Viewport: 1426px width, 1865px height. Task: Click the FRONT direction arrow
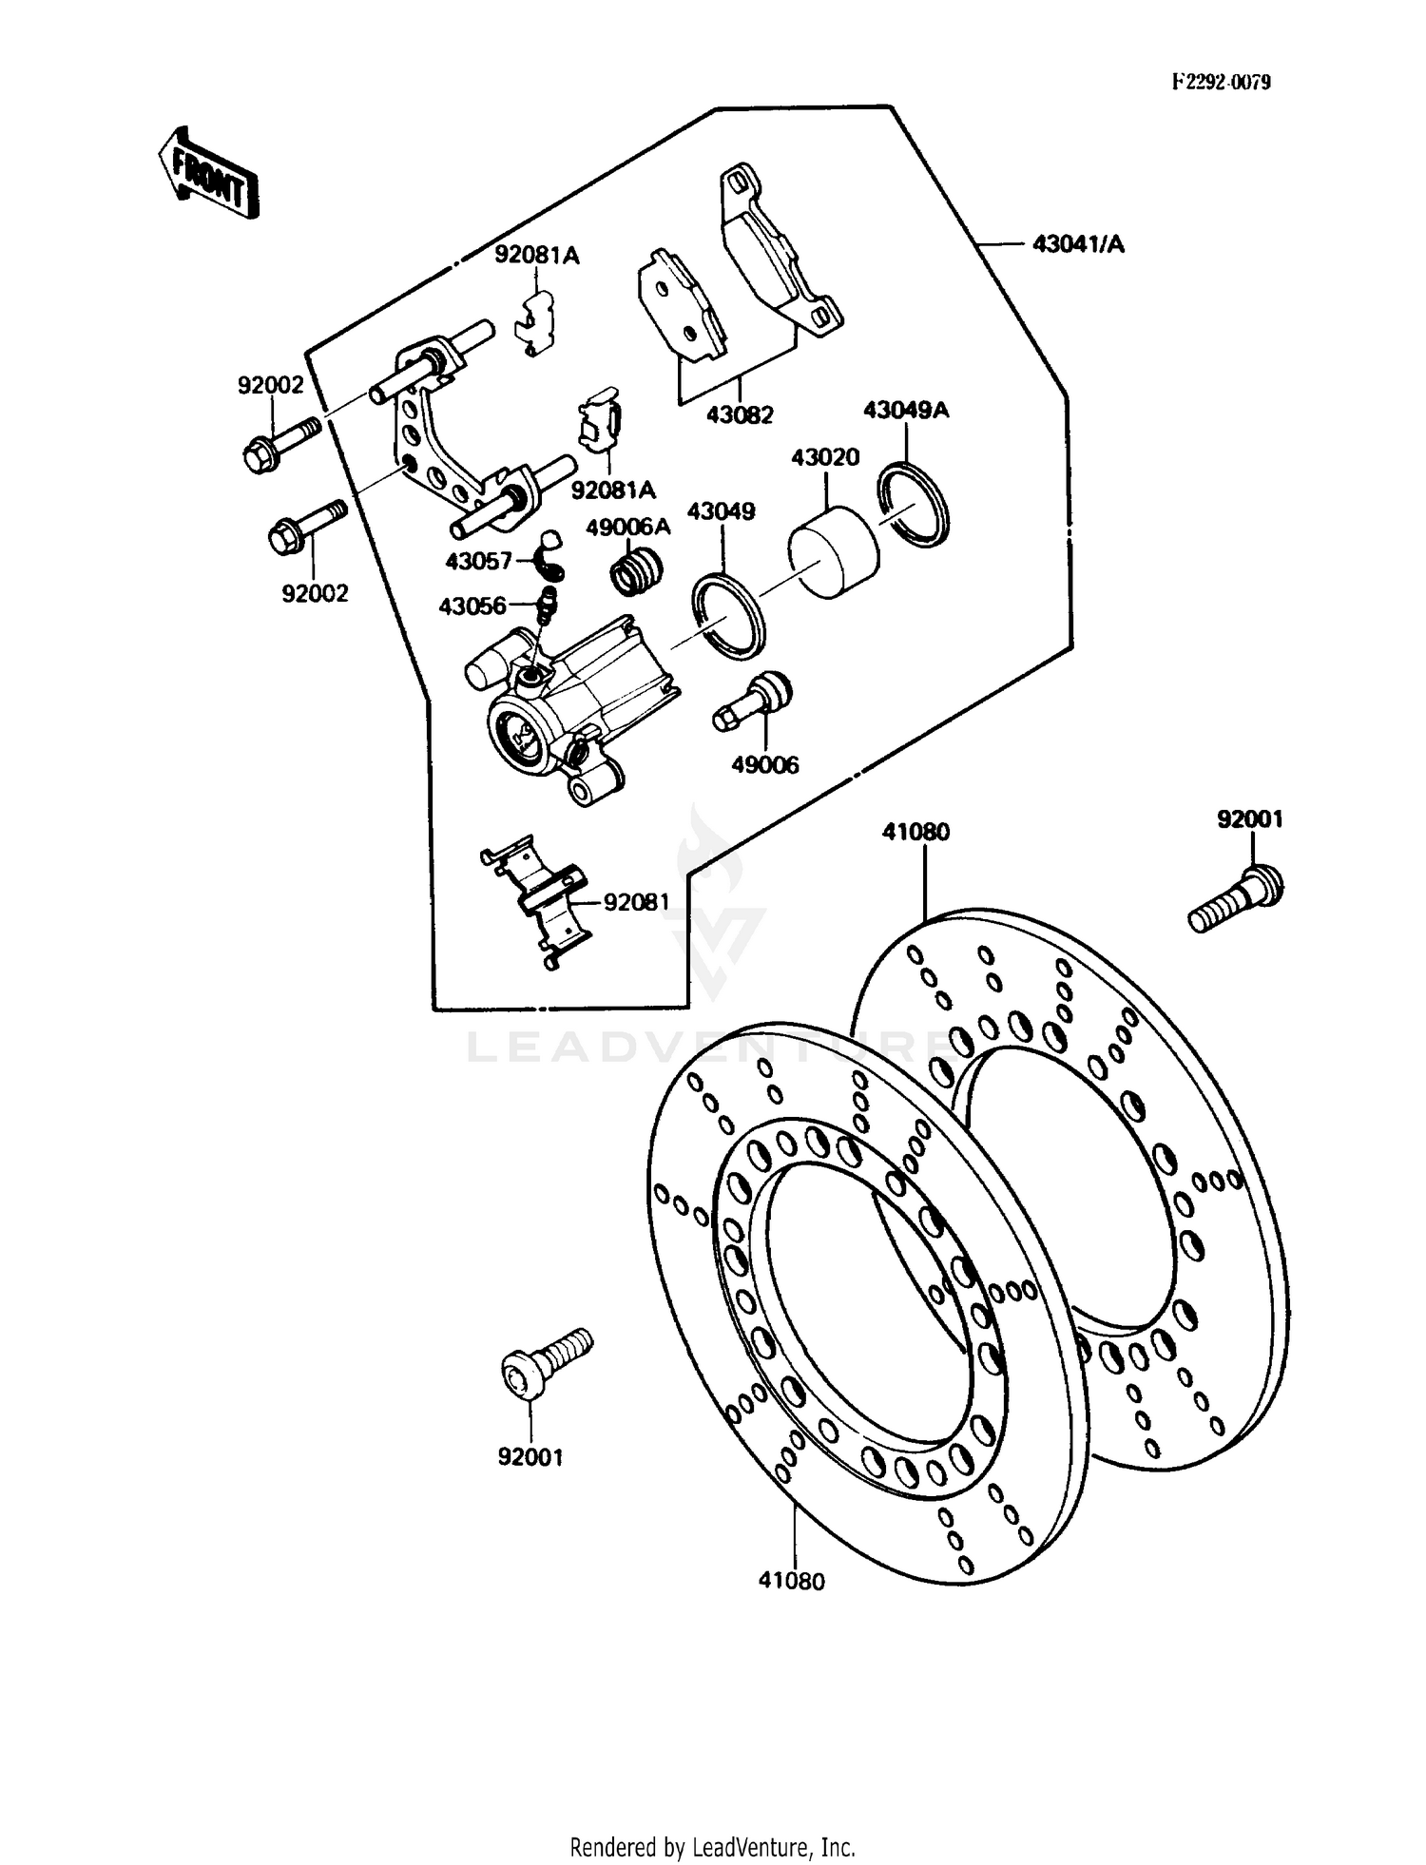point(207,174)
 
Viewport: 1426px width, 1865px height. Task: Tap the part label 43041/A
point(1078,244)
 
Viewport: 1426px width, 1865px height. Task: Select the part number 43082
point(740,415)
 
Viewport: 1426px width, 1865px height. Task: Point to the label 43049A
point(905,411)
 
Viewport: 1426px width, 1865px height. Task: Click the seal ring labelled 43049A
point(914,505)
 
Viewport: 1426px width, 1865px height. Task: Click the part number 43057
point(478,562)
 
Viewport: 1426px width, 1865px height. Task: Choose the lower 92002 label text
point(315,593)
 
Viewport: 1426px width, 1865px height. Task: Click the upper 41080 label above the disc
point(915,832)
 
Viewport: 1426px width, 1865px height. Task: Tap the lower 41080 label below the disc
point(792,1581)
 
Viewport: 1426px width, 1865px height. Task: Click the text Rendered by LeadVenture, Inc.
point(712,1847)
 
